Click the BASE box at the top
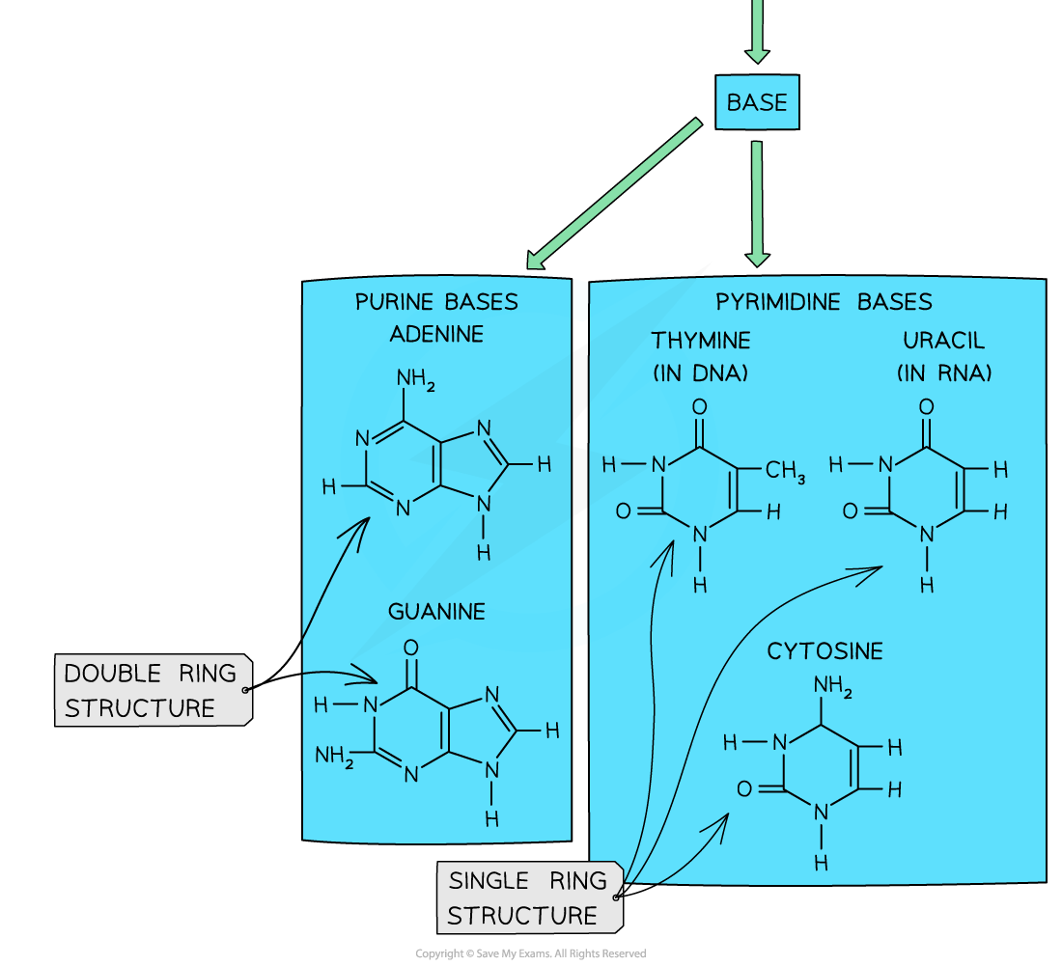tap(757, 102)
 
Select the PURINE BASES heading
tap(436, 302)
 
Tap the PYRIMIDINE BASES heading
tap(824, 302)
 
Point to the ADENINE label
tap(436, 334)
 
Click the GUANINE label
tap(436, 612)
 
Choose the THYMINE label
tap(700, 341)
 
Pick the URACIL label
tap(943, 341)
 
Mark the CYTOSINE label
tap(824, 651)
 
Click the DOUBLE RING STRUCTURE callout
tap(152, 690)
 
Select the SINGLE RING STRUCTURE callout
tap(527, 897)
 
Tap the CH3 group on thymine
tap(785, 472)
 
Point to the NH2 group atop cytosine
tap(832, 687)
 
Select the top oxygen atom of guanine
tap(411, 648)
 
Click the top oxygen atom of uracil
tap(927, 407)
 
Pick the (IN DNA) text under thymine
tap(700, 373)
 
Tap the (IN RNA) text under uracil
tap(943, 373)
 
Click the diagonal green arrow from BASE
tap(613, 194)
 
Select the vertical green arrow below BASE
tap(758, 203)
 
